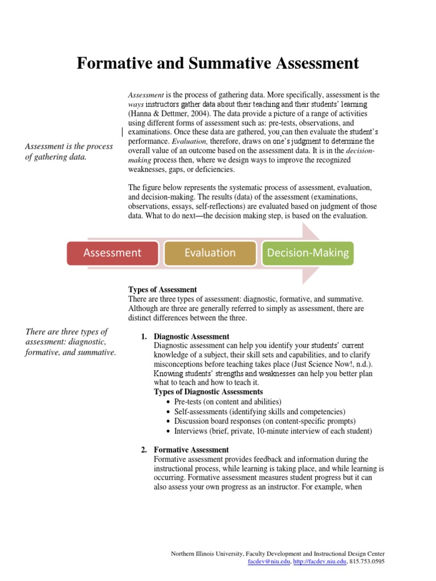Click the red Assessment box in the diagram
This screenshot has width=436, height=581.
tap(112, 253)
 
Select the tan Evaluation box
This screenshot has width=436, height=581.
tap(210, 253)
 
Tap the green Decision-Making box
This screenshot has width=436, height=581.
tap(308, 253)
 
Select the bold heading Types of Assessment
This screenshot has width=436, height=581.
tap(162, 289)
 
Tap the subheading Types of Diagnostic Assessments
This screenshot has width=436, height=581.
tap(208, 392)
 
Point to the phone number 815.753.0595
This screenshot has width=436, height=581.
tap(368, 562)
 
